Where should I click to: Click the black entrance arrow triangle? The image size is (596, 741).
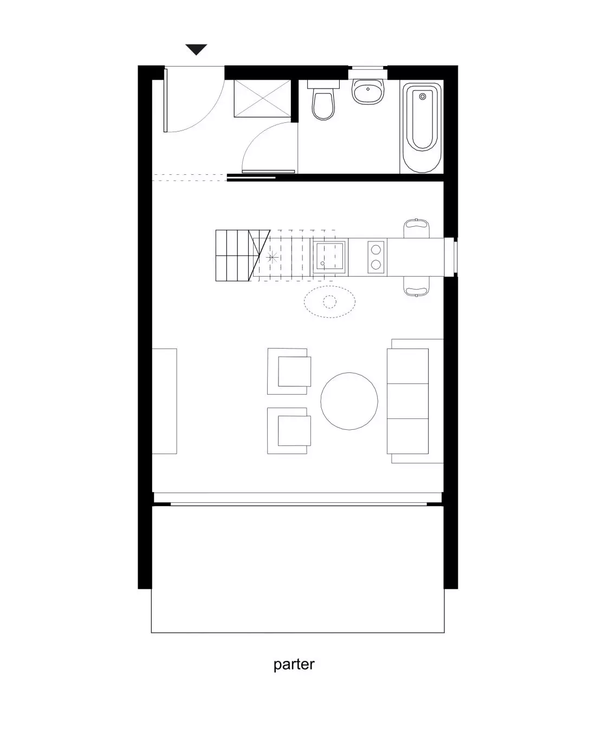tap(196, 49)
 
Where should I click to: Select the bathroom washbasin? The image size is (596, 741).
tap(368, 91)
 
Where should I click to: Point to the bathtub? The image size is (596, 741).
tap(422, 127)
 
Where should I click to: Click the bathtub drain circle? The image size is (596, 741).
tap(423, 97)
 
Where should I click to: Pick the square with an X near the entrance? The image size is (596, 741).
tap(263, 99)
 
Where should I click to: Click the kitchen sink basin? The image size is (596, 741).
tap(329, 257)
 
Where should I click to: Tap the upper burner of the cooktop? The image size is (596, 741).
tap(376, 250)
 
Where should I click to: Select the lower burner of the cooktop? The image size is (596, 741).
tap(376, 265)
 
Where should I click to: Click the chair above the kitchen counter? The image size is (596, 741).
tap(417, 228)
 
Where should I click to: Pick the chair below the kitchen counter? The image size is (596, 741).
tap(417, 286)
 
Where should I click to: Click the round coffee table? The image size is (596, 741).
tap(349, 401)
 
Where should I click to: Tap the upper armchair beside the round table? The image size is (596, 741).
tap(289, 371)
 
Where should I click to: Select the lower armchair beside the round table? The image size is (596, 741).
tap(289, 431)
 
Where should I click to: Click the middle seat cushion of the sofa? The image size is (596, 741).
tap(408, 401)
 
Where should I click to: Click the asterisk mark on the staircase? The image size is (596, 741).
tap(273, 257)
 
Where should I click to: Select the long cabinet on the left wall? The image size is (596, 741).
tap(164, 401)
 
